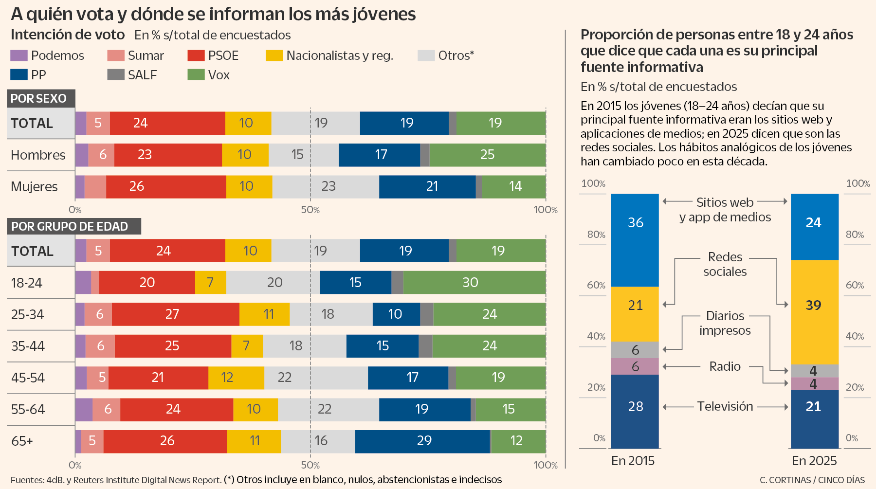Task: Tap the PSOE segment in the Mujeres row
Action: coord(166,186)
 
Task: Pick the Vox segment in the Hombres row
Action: coord(488,155)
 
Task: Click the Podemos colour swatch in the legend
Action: coord(19,55)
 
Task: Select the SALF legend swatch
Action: coord(116,74)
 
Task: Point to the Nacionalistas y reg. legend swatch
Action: coord(274,55)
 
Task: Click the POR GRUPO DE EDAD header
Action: coord(74,226)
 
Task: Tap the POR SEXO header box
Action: coord(41,98)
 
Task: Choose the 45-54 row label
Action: coord(28,378)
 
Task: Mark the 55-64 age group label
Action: coord(28,409)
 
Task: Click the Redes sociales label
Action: coord(725,264)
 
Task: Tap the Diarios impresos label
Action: coord(725,323)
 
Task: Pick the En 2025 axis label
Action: coord(814,460)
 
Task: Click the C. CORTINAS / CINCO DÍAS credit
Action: coord(812,480)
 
